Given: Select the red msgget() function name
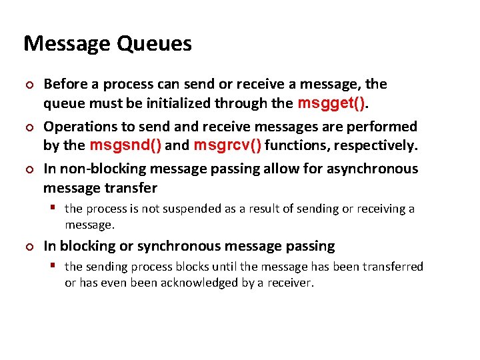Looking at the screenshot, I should pos(331,103).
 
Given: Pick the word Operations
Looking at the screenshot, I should pos(81,127).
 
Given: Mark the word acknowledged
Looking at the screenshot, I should pos(207,282).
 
